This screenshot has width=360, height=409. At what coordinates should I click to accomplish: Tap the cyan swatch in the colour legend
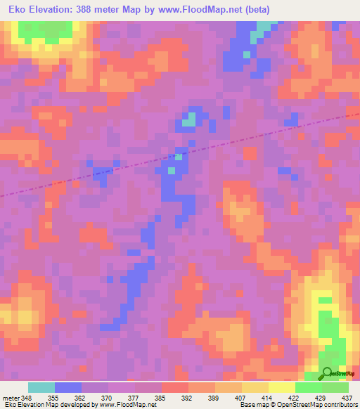click(x=41, y=387)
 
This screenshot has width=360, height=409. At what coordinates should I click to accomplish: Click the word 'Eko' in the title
click(x=14, y=10)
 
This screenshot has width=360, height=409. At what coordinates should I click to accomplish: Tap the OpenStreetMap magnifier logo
click(x=327, y=373)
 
